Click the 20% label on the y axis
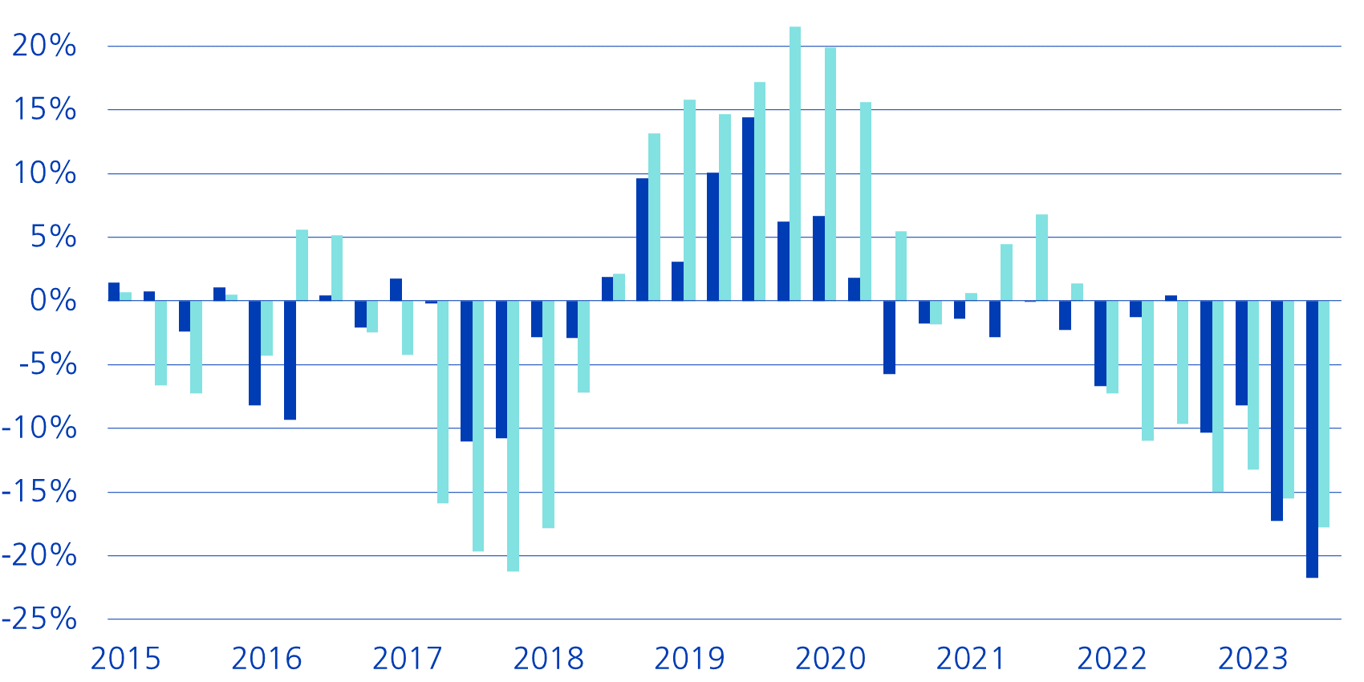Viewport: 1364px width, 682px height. [x=44, y=46]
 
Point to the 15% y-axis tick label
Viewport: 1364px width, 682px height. [x=44, y=109]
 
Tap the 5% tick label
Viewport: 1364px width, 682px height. [x=52, y=237]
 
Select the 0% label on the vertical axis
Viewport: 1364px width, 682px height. [x=52, y=301]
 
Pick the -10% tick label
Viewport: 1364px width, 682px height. [x=40, y=428]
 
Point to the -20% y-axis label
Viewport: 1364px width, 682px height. [x=40, y=555]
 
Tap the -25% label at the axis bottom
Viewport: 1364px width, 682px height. [x=40, y=619]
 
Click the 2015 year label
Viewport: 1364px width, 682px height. [x=126, y=659]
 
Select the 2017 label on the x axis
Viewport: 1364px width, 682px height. [x=408, y=659]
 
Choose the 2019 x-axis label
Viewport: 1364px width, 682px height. [x=689, y=659]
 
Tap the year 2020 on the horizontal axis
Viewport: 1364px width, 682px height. [x=830, y=659]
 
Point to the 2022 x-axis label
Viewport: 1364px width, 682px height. [x=1112, y=659]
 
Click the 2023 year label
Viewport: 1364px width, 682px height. [x=1253, y=659]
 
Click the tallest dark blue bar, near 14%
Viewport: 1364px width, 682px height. [x=748, y=209]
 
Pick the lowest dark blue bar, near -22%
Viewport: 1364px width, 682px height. [x=1312, y=439]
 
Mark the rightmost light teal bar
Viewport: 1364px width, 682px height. [x=1324, y=414]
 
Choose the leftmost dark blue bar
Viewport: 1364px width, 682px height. [x=114, y=292]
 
